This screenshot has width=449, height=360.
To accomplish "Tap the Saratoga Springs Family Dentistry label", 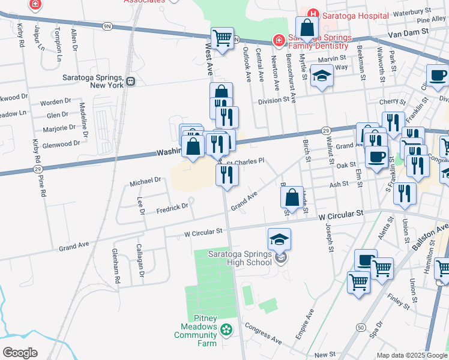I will (x=318, y=41).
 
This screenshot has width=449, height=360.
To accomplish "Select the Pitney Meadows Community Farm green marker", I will (x=226, y=329).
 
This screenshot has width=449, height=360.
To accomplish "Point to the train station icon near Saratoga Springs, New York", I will (x=130, y=81).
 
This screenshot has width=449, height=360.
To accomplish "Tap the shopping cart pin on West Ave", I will (x=222, y=39).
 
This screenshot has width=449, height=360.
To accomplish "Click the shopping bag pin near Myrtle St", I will (x=307, y=29).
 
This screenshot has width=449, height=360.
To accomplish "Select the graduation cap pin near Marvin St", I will (x=322, y=77).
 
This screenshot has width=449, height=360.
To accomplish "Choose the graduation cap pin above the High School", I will (x=279, y=240).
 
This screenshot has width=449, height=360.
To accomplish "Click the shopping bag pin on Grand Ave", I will (x=291, y=197).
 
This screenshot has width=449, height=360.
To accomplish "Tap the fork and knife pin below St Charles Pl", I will (x=227, y=175).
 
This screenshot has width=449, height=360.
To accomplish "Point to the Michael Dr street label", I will (x=146, y=179).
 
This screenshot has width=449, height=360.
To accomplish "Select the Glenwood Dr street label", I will (x=61, y=143).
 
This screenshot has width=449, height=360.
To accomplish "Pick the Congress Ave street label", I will (x=263, y=332).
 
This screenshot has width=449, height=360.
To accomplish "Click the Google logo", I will (x=20, y=353).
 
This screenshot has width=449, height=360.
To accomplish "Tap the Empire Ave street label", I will (x=305, y=325).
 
